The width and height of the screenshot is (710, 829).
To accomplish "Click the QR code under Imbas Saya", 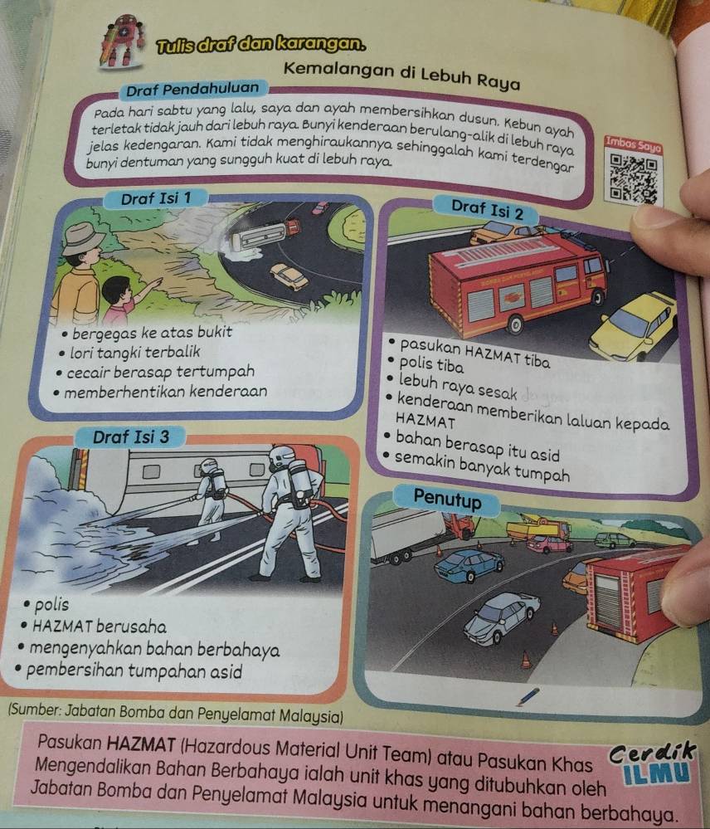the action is point(634,178).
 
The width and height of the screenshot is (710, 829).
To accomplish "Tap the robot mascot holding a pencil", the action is point(122,41).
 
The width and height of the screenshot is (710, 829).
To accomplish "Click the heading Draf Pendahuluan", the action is point(192,90).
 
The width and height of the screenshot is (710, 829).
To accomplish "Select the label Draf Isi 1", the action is point(156,199).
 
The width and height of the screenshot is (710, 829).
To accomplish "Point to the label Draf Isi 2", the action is point(487,210).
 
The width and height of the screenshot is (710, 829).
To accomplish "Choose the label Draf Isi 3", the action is point(131,437).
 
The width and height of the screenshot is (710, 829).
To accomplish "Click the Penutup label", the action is point(447,499).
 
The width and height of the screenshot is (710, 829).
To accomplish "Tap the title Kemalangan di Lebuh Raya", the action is point(402,75).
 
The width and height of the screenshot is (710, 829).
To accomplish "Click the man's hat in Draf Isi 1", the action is point(82,238).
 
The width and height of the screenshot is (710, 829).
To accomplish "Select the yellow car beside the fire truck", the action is point(634,325).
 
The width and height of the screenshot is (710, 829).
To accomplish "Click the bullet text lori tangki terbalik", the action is point(135,352).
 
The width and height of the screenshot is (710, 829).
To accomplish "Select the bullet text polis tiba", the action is point(431,364).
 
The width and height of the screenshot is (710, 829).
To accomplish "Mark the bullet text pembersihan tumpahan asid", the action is point(134,671).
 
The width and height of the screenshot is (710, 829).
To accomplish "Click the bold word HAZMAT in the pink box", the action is point(141,744).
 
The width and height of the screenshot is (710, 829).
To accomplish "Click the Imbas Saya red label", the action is point(634,144).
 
